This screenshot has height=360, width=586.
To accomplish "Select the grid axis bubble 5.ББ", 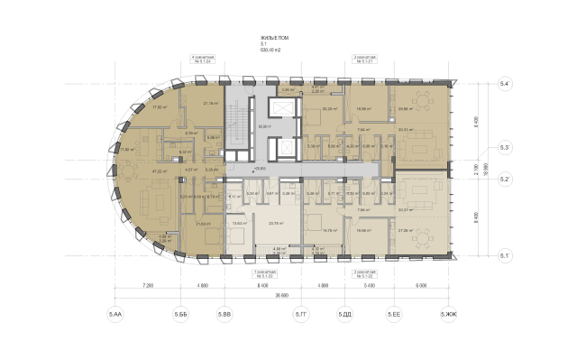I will tap(180, 314).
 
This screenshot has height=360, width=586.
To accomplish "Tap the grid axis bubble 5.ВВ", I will tap(224, 314).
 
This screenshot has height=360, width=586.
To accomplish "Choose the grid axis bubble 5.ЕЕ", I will tap(394, 314).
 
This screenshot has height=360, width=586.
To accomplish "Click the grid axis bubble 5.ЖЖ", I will tap(448, 314).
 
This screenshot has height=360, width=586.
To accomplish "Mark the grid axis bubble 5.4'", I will tap(507, 85).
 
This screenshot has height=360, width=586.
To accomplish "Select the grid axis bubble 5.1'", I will tap(507, 256).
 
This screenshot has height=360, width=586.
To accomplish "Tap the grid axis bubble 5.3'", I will tap(507, 146).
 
